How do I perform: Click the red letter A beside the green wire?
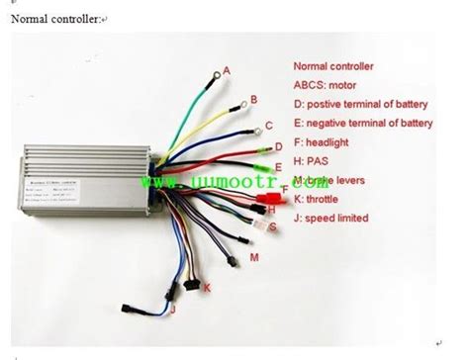pyautogui.click(x=227, y=70)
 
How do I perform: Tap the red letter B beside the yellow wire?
pyautogui.click(x=253, y=99)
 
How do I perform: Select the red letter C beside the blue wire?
pyautogui.click(x=268, y=126)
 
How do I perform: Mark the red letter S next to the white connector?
pyautogui.click(x=269, y=225)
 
